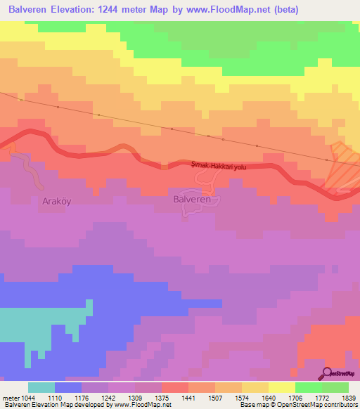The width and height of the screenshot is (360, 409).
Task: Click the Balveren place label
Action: click(x=192, y=200)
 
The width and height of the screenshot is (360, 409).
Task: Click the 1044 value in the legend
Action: click(x=20, y=397)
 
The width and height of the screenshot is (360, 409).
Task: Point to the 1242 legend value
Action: click(x=109, y=397)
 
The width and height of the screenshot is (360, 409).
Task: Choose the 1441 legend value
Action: click(x=189, y=397)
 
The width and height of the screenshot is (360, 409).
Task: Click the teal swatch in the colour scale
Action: click(x=41, y=387)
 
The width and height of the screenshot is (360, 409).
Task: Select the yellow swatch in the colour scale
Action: click(x=282, y=387)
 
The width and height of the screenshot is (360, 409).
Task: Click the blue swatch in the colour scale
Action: click(x=68, y=387)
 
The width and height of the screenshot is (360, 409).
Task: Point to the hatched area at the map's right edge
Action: click(x=343, y=169)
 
